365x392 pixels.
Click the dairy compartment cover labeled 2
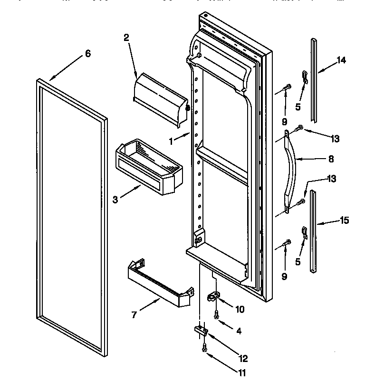[159, 101]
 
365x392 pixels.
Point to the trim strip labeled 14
[314, 79]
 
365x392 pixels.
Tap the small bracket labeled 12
[201, 330]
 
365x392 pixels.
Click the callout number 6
[87, 54]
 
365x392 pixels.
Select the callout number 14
[341, 60]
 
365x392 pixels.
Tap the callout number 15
[344, 221]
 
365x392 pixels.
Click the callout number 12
[243, 359]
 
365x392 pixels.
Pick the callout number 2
[126, 38]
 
